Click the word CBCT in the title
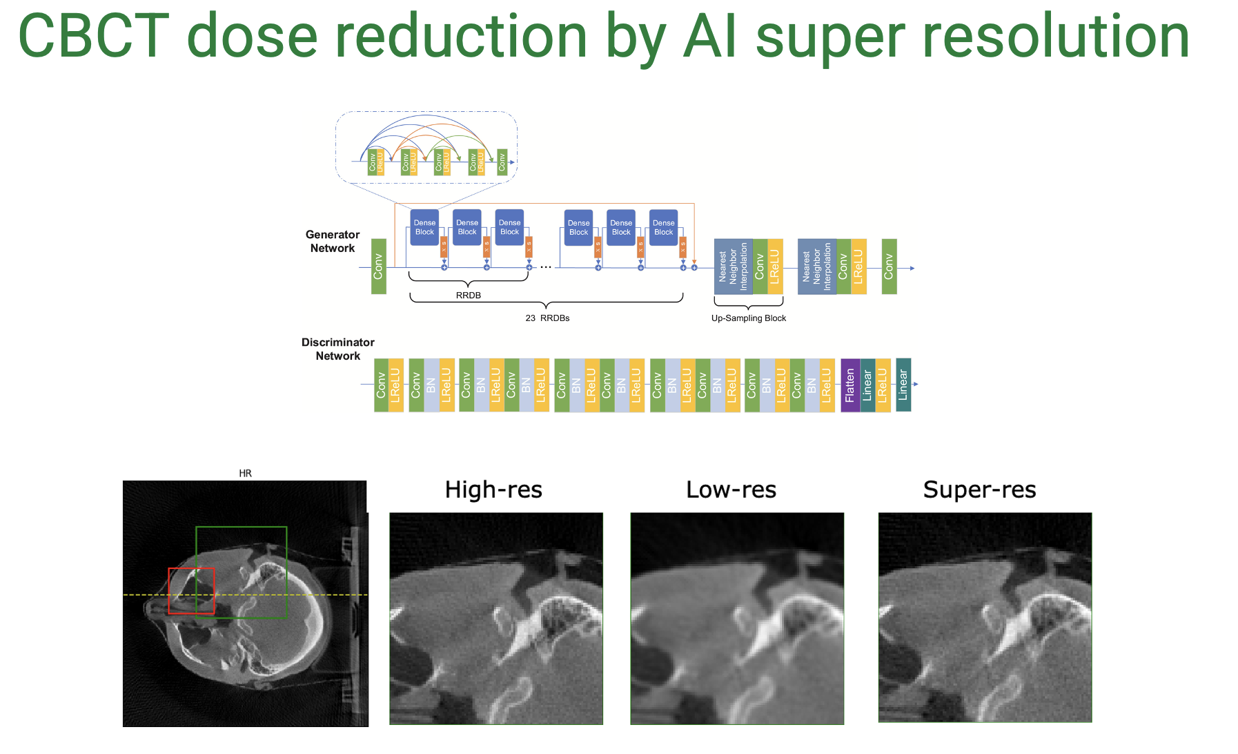point(94,36)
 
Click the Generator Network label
point(332,242)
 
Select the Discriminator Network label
point(337,349)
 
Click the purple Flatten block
point(849,385)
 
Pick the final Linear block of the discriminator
point(903,385)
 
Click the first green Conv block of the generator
point(378,267)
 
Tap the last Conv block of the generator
point(889,267)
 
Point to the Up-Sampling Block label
point(748,318)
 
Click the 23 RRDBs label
point(547,318)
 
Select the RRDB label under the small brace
point(468,296)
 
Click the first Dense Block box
point(424,227)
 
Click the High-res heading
point(493,490)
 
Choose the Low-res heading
point(731,490)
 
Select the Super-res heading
point(979,490)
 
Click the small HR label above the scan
point(245,473)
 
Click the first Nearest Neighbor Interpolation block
point(733,267)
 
